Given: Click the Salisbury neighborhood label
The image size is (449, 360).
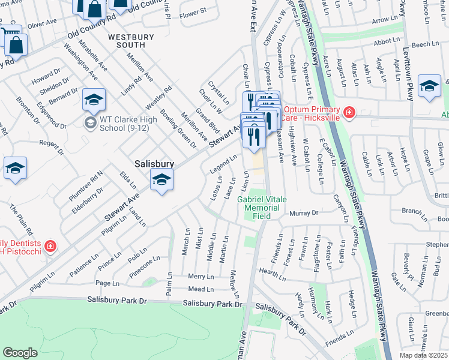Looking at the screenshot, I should [154, 163].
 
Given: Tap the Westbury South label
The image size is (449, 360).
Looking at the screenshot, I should [127, 41].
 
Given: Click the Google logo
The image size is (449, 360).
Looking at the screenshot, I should [20, 352].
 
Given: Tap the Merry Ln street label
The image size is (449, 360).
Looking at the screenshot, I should [200, 277].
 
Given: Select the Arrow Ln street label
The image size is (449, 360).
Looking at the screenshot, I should [381, 20].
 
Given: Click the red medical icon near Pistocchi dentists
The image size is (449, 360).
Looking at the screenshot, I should [50, 246].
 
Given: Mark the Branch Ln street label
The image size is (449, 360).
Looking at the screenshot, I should [414, 211].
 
